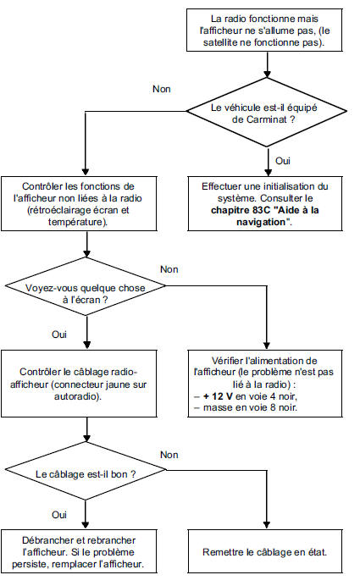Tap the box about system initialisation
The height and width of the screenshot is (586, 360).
click(269, 203)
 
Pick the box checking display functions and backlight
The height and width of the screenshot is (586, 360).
click(88, 203)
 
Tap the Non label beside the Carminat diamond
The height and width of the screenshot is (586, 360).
click(160, 88)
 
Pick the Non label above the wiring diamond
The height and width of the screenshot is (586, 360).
click(169, 454)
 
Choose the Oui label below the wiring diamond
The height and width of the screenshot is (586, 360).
click(59, 514)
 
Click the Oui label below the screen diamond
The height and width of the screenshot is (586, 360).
click(59, 334)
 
